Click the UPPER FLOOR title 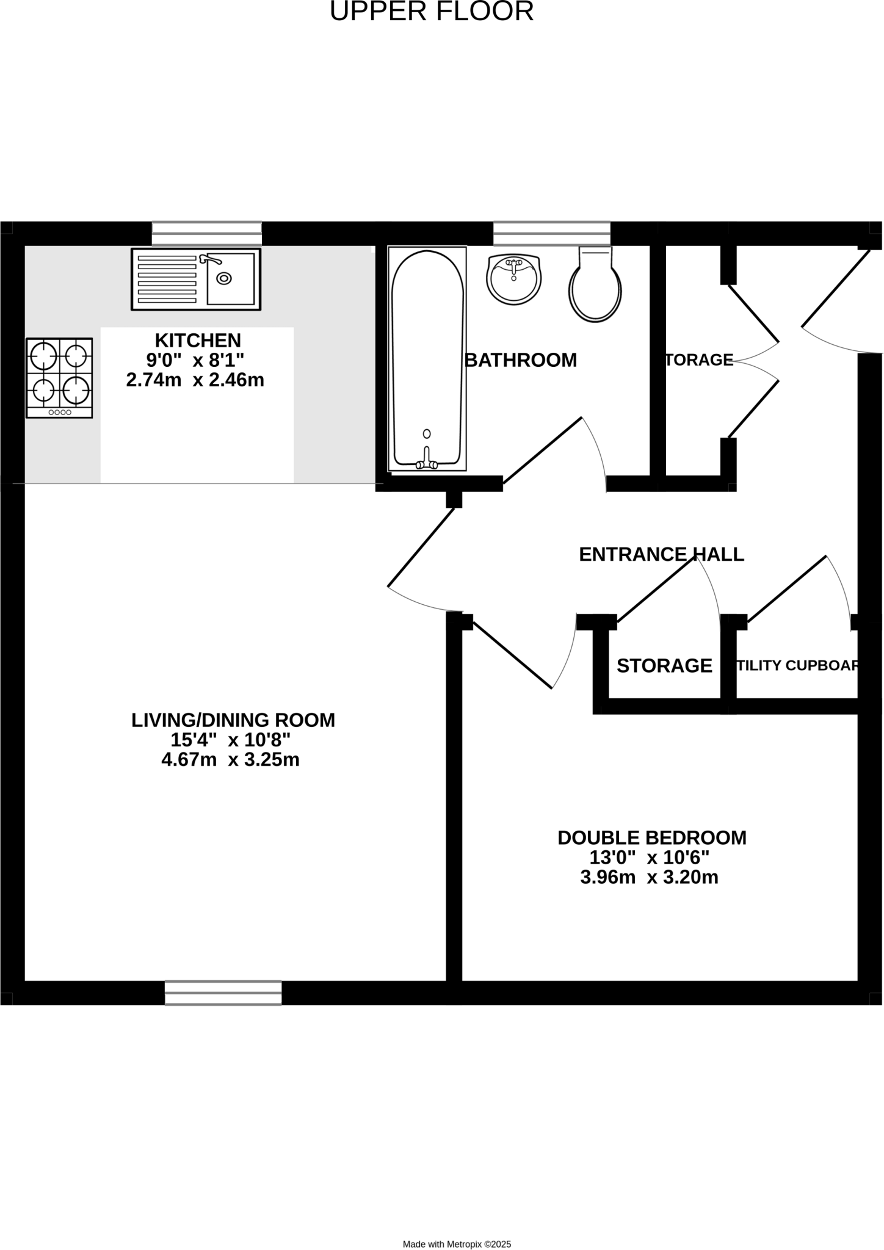click(x=432, y=12)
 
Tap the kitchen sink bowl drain click(x=225, y=278)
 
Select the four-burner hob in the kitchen click(x=59, y=378)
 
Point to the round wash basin click(x=514, y=279)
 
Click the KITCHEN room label click(x=198, y=340)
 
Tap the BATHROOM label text click(x=521, y=360)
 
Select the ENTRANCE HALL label click(x=661, y=554)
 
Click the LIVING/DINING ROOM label click(x=233, y=720)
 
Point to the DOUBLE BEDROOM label click(x=652, y=837)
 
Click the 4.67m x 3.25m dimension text click(x=230, y=760)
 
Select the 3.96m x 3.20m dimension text click(x=649, y=877)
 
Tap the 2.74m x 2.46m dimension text click(x=195, y=380)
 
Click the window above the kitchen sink click(x=207, y=234)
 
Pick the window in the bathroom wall click(x=551, y=234)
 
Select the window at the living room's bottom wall click(x=223, y=992)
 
